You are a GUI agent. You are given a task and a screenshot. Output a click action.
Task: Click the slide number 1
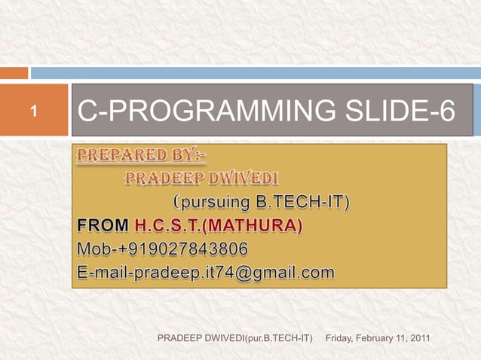33,113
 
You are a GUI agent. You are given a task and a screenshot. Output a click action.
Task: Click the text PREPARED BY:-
142,157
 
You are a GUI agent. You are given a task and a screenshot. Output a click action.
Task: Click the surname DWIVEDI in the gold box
240,179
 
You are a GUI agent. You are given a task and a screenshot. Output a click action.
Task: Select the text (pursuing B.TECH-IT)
262,203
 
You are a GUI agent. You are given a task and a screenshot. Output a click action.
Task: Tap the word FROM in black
103,226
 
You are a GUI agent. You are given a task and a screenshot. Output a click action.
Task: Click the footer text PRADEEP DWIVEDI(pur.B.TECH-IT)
234,340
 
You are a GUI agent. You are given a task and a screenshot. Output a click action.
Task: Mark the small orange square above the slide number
14,73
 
